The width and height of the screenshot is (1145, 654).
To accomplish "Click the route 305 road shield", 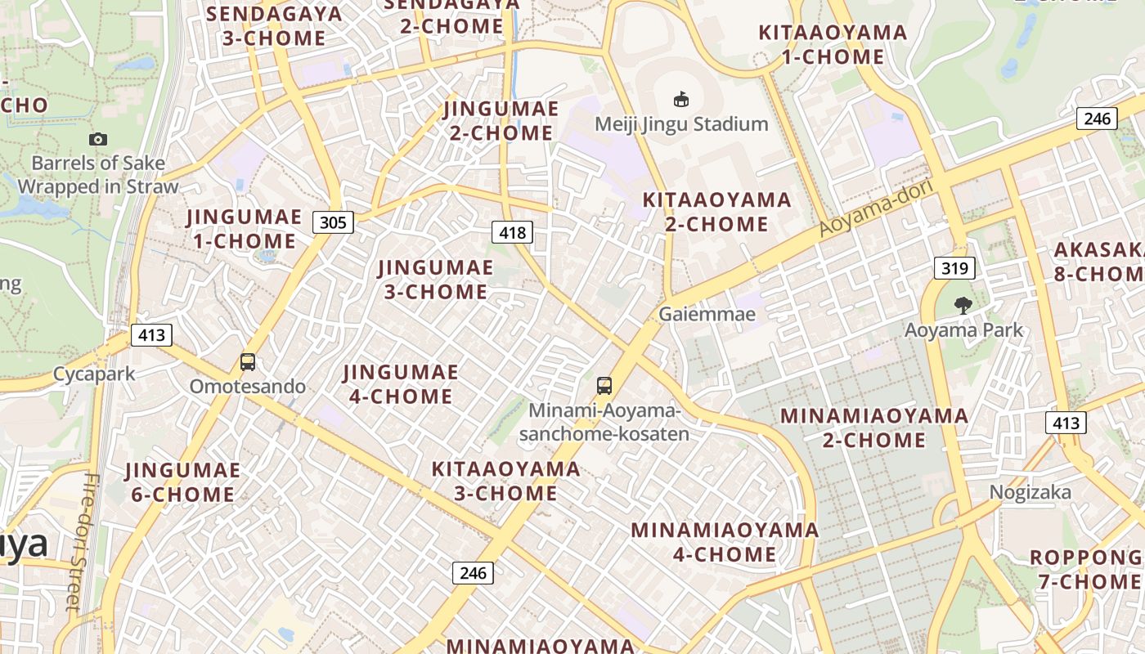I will [333, 222].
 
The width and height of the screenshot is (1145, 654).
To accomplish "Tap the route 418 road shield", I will [513, 232].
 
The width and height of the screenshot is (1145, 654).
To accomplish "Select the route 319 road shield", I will [954, 268].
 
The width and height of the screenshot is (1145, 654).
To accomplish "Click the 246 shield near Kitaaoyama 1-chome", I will [1097, 119].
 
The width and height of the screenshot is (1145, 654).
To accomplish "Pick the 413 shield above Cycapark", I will [151, 334].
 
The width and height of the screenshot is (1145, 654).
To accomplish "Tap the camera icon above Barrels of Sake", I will [98, 140].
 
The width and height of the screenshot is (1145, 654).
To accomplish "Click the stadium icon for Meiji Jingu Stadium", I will [680, 100].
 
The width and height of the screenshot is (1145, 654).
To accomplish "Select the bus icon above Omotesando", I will [248, 362].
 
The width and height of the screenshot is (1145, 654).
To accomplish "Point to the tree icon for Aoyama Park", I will [963, 306].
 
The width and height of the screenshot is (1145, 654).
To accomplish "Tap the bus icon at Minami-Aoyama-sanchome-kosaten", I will [604, 386].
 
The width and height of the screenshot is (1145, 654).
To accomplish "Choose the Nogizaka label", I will [1030, 492].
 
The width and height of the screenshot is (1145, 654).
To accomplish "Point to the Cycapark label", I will [94, 374].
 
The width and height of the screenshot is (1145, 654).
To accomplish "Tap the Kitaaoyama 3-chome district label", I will [506, 481].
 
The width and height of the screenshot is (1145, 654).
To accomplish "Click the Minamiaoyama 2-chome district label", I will [874, 428].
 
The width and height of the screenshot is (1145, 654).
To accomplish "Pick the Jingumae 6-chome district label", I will [182, 482].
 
